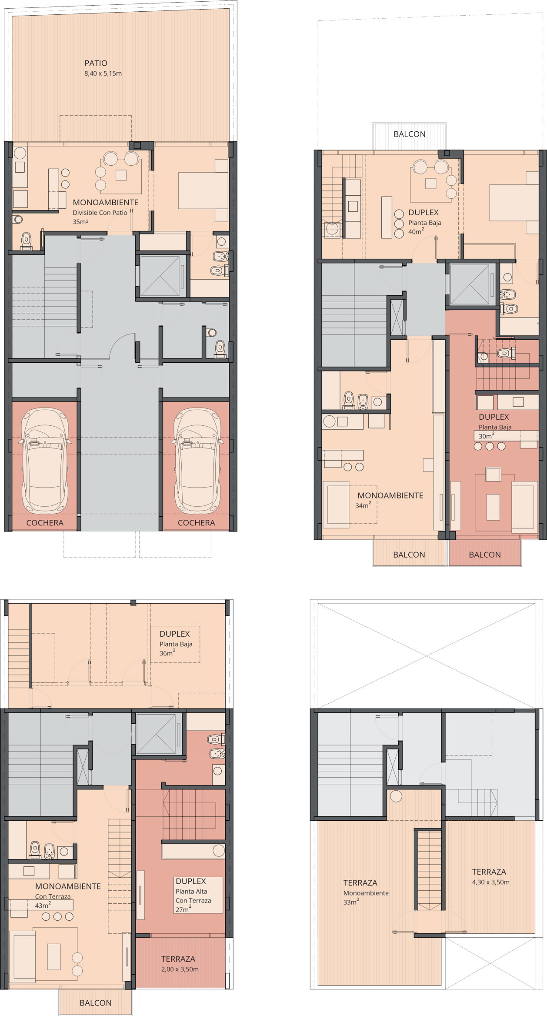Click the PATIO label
pyautogui.click(x=96, y=63)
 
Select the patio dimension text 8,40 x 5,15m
pyautogui.click(x=103, y=74)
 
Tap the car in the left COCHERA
pyautogui.click(x=45, y=461)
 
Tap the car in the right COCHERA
pyautogui.click(x=197, y=461)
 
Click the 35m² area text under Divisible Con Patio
pyautogui.click(x=80, y=222)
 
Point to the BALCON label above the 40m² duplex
pyautogui.click(x=410, y=134)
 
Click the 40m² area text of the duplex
pyautogui.click(x=416, y=231)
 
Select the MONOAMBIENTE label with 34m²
pyautogui.click(x=390, y=495)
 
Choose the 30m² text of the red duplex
pyautogui.click(x=487, y=436)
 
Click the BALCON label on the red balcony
pyautogui.click(x=485, y=555)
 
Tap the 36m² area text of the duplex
pyautogui.click(x=167, y=653)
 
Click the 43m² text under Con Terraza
pyautogui.click(x=43, y=905)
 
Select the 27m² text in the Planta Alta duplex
pyautogui.click(x=183, y=909)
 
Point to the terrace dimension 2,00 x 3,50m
pyautogui.click(x=180, y=969)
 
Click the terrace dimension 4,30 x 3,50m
pyautogui.click(x=491, y=882)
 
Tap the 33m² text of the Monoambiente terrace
pyautogui.click(x=351, y=902)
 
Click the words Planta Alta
pyautogui.click(x=191, y=892)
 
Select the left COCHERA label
pyautogui.click(x=45, y=523)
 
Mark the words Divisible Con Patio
pyautogui.click(x=100, y=213)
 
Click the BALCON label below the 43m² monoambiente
pyautogui.click(x=96, y=1003)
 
